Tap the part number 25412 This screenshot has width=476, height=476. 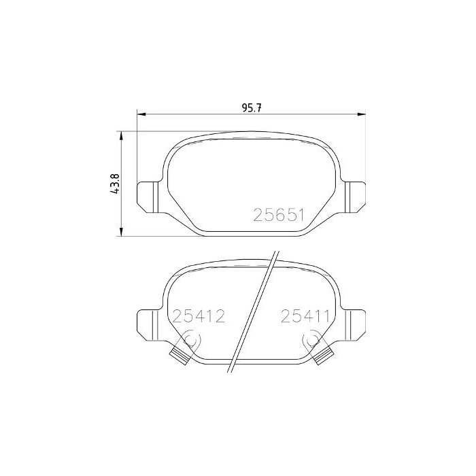click(198, 316)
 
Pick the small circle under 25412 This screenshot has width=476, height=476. click(191, 339)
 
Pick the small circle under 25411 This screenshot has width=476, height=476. click(313, 338)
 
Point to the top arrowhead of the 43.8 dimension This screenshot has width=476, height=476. click(122, 135)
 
